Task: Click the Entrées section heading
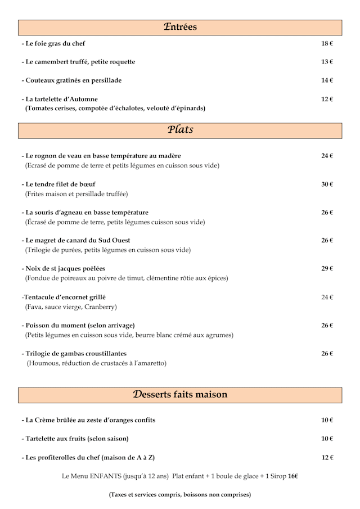click(180, 27)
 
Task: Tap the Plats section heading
click(180, 130)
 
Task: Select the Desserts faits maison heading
click(180, 394)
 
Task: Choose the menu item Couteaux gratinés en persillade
click(71, 80)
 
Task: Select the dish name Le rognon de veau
click(101, 156)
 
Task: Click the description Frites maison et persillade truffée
click(76, 194)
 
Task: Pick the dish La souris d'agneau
click(85, 213)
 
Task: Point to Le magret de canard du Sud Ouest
click(84, 241)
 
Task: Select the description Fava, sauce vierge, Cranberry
click(71, 307)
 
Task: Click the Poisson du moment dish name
click(78, 326)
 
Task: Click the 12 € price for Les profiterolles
click(327, 458)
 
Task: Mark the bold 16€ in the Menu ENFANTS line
click(292, 476)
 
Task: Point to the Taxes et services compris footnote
click(179, 495)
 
